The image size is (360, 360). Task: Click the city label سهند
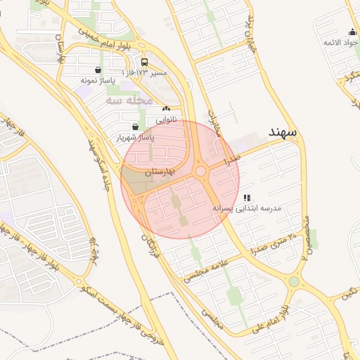[x=283, y=132]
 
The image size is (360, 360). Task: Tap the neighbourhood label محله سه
[x=129, y=101]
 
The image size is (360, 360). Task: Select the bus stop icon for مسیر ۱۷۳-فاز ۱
[x=144, y=62]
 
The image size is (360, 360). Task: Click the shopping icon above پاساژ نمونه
[x=97, y=70]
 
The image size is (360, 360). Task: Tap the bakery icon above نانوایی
[x=166, y=109]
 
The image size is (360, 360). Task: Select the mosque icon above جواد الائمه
[x=352, y=32]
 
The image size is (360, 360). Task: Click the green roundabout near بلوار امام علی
[x=294, y=282]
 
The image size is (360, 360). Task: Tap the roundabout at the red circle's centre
[x=200, y=171]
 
